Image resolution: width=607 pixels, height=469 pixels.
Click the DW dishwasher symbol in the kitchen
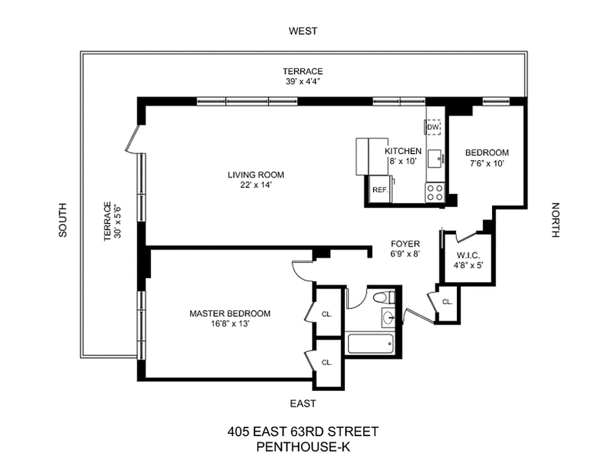click(433, 127)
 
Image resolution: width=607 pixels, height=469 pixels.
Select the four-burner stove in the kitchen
click(435, 192)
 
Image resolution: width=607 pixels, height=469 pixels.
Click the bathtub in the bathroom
click(371, 343)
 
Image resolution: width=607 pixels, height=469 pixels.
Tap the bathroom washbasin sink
click(388, 318)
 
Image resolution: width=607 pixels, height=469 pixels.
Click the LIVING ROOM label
click(256, 175)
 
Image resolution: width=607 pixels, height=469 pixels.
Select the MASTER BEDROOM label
click(230, 313)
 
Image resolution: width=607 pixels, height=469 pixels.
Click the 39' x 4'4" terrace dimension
click(303, 81)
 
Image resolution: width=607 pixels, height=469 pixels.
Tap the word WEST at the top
click(303, 31)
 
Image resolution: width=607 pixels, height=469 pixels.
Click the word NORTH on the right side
click(555, 220)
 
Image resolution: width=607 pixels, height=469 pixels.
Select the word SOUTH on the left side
click(63, 220)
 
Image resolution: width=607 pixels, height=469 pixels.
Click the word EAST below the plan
click(303, 403)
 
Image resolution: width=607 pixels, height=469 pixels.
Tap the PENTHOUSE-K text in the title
click(303, 447)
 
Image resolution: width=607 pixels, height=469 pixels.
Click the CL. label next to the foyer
click(447, 302)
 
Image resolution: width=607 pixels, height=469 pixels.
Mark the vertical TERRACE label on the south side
click(107, 222)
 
